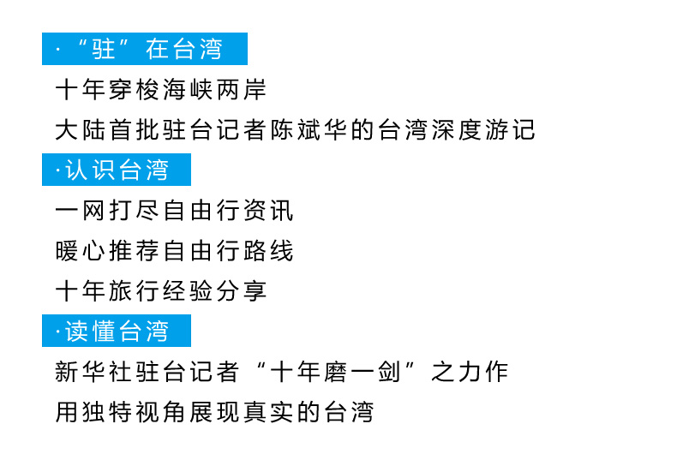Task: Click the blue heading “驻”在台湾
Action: (144, 50)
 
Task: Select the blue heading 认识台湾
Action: (117, 170)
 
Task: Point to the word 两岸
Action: (241, 90)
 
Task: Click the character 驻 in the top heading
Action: (105, 50)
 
